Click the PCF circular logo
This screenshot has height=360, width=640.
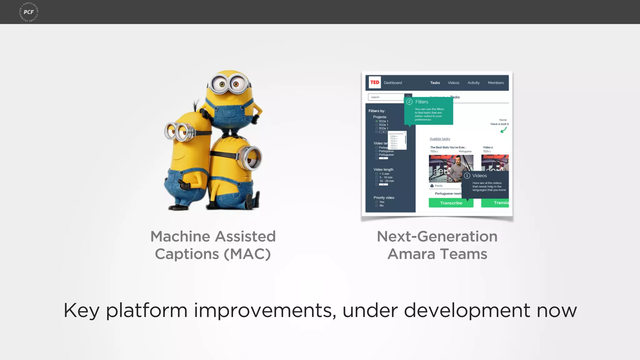[x=29, y=12]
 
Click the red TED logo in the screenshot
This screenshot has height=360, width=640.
[x=375, y=82]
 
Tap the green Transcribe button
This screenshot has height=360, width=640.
[x=451, y=203]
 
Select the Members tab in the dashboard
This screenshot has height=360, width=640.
[x=496, y=83]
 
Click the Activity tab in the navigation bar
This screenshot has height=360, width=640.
[x=473, y=83]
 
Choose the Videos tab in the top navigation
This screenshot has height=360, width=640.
[x=453, y=83]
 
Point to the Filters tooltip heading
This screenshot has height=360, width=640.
[x=422, y=102]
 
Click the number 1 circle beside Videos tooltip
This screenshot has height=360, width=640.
[x=467, y=176]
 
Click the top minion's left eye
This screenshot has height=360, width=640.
[x=222, y=84]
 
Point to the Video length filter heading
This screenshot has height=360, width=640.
[x=383, y=169]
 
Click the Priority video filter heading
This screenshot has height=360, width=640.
[x=384, y=197]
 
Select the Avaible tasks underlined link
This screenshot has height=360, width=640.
[x=440, y=139]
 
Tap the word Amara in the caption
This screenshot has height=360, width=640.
[x=411, y=254]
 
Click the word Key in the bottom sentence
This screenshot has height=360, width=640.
[x=81, y=311]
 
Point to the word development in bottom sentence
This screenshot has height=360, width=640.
[x=467, y=311]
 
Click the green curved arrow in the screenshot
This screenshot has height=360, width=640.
[x=503, y=130]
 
